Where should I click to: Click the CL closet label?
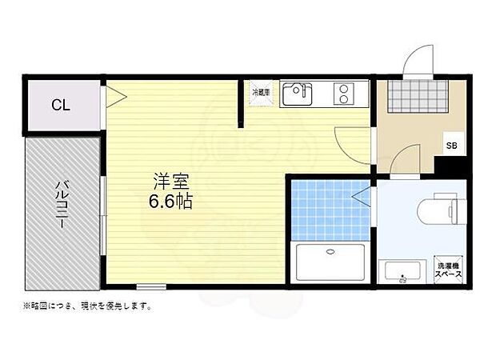[x=61, y=106]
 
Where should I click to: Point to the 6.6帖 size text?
[x=170, y=201]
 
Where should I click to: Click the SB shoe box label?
[x=451, y=145]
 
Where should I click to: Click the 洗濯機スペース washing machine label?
[x=448, y=270]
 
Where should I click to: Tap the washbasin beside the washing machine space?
[x=402, y=271]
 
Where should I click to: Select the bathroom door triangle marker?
[x=364, y=192]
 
